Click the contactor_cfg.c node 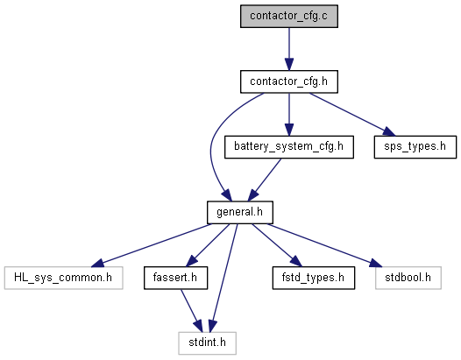(x=289, y=16)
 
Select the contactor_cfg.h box (x=289, y=81)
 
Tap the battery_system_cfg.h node (x=289, y=147)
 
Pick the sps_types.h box (x=415, y=147)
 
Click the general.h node (x=240, y=212)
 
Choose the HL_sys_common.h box (x=63, y=278)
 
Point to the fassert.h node (x=175, y=278)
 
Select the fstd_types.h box (x=314, y=278)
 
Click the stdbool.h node (x=408, y=278)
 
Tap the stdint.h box (x=207, y=343)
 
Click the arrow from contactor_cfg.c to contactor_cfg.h (x=289, y=49)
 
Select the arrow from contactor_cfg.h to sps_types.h (x=352, y=115)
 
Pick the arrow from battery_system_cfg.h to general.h (x=265, y=180)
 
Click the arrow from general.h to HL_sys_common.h (x=151, y=245)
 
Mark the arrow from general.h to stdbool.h (x=324, y=245)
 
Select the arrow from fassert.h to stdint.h (x=192, y=311)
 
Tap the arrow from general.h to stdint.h (x=224, y=278)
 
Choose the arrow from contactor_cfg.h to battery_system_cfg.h (x=289, y=115)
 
